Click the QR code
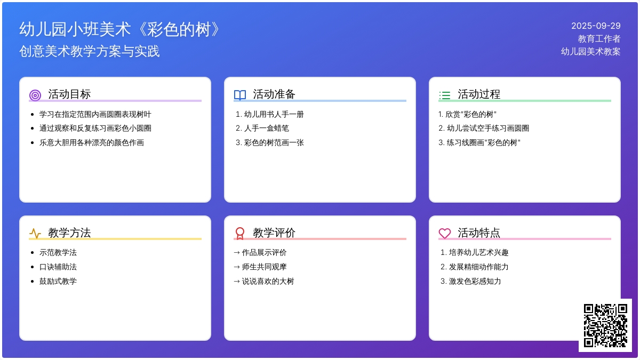605,325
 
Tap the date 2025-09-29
596,26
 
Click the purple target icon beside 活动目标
35,95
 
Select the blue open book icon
239,95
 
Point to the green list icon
445,95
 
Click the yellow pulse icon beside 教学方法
35,234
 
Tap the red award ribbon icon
239,234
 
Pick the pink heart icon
445,234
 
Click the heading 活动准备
274,94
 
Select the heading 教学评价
274,233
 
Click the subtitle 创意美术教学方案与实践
90,51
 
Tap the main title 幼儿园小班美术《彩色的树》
119,29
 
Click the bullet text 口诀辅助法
58,267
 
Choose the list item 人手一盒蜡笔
266,129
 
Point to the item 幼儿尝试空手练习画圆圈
487,129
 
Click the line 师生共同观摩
264,267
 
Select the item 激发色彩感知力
475,281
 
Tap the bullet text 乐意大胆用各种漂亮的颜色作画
91,142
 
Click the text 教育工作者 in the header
599,38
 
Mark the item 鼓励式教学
58,281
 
